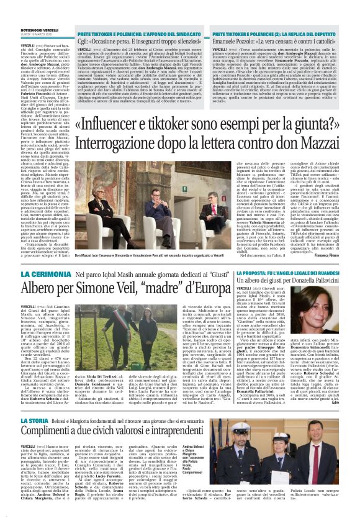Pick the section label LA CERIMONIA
tap(46, 274)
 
